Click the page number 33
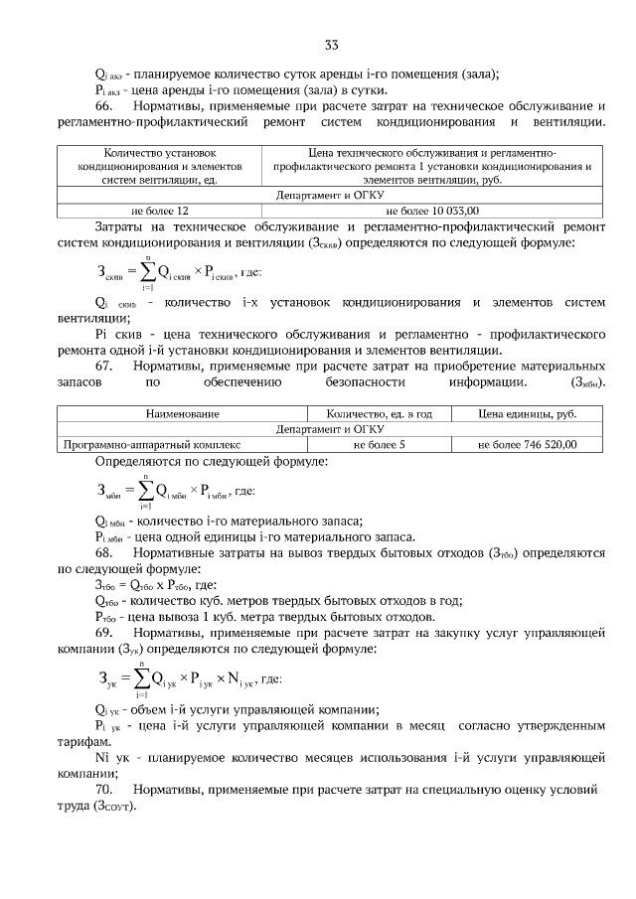[x=331, y=45]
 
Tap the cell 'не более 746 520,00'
[x=527, y=445]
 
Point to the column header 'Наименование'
[x=182, y=413]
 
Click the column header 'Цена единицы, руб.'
[x=527, y=413]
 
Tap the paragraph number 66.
[x=105, y=105]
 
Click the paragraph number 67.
[x=105, y=367]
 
